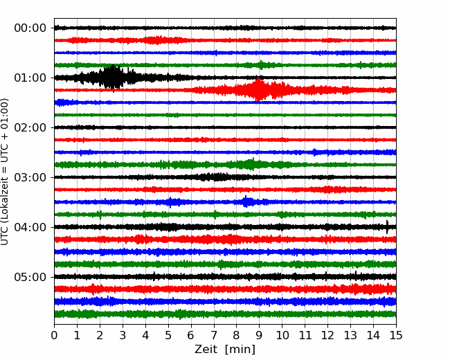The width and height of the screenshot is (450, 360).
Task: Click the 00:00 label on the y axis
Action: point(30,28)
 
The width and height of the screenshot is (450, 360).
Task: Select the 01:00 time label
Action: point(30,78)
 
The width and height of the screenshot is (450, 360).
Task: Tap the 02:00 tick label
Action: point(30,127)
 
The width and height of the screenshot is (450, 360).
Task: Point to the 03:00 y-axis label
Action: point(30,177)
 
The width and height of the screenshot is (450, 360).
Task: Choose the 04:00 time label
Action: point(30,227)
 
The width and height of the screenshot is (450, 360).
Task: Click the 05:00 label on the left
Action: point(30,277)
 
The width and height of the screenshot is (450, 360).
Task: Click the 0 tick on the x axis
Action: point(54,335)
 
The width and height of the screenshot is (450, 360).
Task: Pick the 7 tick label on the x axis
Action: point(214,335)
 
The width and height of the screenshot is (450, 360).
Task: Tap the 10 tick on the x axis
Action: point(282,335)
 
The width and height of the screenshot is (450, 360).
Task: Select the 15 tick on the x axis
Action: point(396,335)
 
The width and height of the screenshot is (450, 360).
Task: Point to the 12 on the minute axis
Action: point(327,335)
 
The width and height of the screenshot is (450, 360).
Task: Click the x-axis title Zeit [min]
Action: point(225,350)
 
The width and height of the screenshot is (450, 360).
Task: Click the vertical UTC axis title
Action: point(5,172)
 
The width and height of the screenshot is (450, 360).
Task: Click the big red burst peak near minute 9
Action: point(259,89)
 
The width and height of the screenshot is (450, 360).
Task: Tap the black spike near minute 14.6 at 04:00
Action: point(387,227)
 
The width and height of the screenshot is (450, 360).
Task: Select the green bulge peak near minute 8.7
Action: point(251,164)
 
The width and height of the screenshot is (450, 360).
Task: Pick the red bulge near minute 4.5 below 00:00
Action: point(156,40)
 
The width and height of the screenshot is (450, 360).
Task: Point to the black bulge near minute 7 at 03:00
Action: point(214,177)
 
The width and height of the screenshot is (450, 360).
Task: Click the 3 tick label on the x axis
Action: point(123,335)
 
